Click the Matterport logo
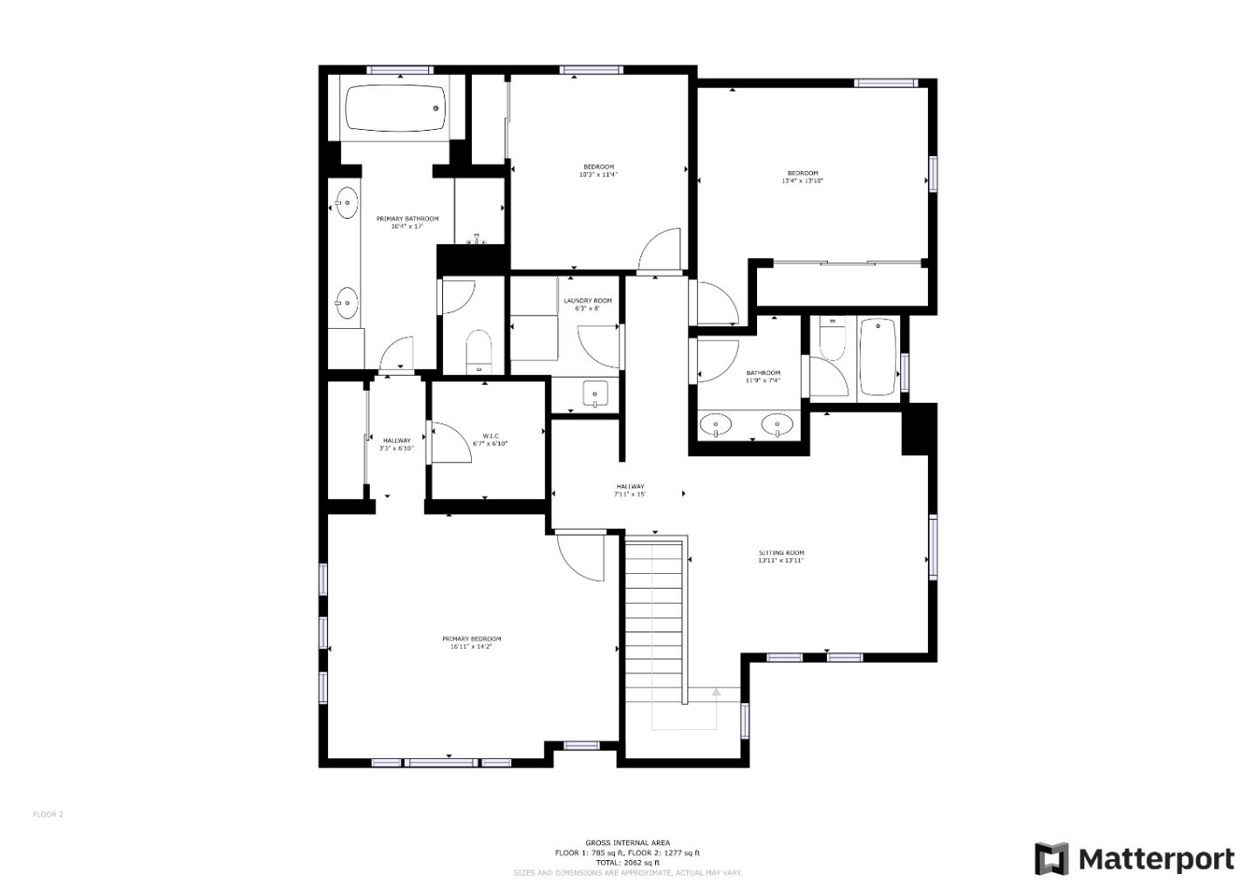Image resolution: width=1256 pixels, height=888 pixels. (x=1135, y=859)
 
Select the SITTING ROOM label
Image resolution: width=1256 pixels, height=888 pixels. (x=781, y=553)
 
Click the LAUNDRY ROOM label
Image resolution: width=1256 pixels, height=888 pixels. (x=587, y=301)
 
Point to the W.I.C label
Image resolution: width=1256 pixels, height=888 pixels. (x=490, y=436)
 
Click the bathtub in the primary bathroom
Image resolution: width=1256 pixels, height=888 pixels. (x=395, y=108)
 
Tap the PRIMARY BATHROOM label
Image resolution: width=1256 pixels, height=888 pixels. (x=407, y=219)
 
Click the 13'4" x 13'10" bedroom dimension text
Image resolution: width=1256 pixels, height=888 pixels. (x=802, y=181)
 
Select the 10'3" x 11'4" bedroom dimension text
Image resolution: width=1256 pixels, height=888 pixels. (x=598, y=174)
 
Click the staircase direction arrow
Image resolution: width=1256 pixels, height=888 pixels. (x=716, y=693)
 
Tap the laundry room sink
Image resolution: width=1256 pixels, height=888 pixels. (x=595, y=394)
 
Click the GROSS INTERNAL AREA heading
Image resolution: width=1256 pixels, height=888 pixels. (x=627, y=843)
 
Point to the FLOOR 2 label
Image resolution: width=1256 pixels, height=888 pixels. (x=48, y=815)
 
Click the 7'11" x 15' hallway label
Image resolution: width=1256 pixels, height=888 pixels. (x=630, y=490)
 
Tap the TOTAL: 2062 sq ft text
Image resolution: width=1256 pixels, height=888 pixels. (x=627, y=862)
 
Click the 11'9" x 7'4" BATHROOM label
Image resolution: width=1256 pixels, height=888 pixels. (x=762, y=377)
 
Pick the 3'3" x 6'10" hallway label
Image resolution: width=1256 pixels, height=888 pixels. (x=396, y=445)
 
